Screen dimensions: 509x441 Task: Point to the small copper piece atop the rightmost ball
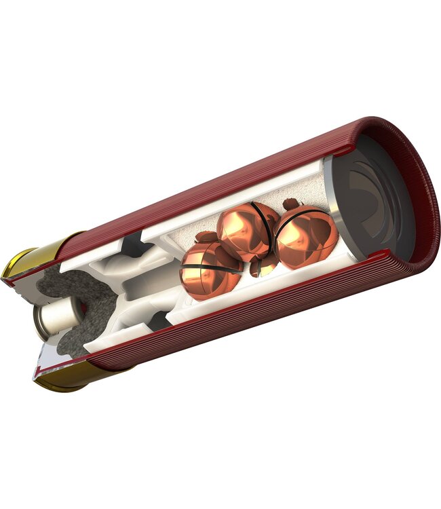(x=292, y=203)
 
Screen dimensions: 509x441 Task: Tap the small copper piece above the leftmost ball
(x=205, y=237)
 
